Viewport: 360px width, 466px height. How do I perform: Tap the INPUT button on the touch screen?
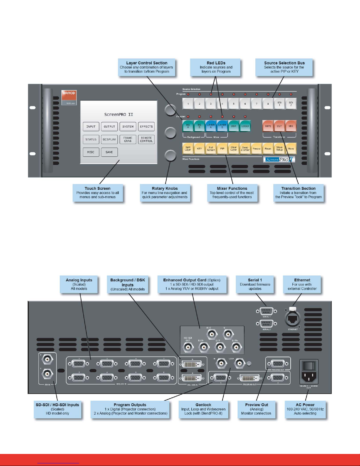(x=91, y=127)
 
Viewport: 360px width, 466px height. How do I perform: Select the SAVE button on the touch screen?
(x=109, y=152)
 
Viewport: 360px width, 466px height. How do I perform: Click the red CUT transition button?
(x=279, y=126)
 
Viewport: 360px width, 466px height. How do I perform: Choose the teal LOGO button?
(x=245, y=126)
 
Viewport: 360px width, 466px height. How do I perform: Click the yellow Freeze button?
(x=257, y=149)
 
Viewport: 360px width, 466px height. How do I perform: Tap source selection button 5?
(x=234, y=104)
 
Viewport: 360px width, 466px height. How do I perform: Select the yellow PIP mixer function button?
(x=222, y=149)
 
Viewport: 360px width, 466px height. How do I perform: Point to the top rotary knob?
(x=170, y=110)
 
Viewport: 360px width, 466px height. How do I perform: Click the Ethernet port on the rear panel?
(x=293, y=319)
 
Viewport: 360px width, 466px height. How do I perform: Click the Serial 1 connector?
(x=266, y=311)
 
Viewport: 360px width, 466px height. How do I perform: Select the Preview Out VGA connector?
(x=278, y=363)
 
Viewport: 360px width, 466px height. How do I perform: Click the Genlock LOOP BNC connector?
(x=240, y=364)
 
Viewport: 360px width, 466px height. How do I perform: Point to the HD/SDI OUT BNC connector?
(x=188, y=347)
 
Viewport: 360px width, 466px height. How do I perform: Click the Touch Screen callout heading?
(x=98, y=188)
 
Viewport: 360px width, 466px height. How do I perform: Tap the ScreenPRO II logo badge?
(x=279, y=159)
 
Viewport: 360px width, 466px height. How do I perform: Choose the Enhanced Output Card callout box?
(x=192, y=284)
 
